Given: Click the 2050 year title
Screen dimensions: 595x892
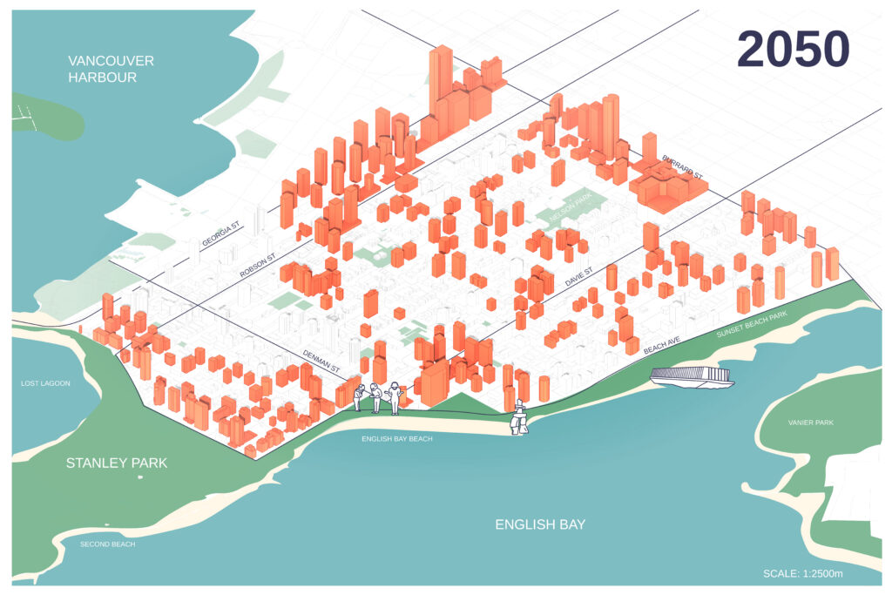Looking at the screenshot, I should click(793, 50).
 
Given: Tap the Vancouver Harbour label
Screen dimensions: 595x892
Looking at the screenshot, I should click(111, 69).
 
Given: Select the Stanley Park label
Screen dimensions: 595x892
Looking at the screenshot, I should click(117, 463).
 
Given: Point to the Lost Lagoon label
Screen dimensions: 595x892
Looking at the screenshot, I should click(45, 383).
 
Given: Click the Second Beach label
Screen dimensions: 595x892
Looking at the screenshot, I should click(108, 544).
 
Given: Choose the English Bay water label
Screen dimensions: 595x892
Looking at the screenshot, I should click(540, 524).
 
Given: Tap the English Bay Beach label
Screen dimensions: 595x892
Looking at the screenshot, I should click(397, 439).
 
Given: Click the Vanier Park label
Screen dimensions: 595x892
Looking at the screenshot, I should click(811, 423).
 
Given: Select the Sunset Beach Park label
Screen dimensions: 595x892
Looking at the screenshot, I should click(752, 323).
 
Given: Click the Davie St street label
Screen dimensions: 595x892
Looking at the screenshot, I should click(577, 281).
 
